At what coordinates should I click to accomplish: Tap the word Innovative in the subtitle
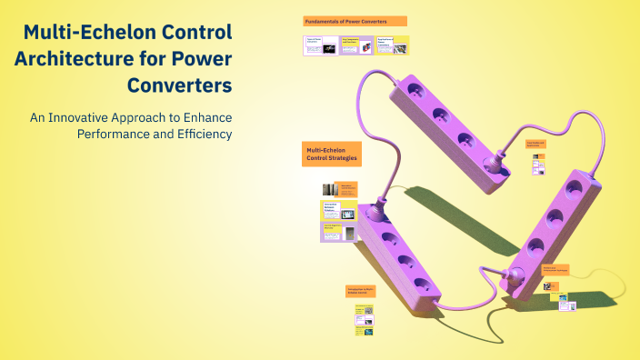150,118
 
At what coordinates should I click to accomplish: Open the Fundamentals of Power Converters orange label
355,21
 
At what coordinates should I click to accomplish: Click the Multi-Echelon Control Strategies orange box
332,154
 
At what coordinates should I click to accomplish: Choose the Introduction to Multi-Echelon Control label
360,291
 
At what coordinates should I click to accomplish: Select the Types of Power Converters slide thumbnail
319,46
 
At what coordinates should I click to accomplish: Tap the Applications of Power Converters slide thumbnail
392,46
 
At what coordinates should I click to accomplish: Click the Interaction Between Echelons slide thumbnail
339,213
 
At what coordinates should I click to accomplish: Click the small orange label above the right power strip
535,144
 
